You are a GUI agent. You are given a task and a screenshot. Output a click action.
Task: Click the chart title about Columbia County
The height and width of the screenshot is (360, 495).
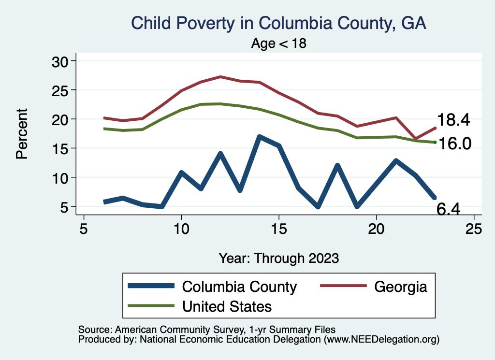(x=279, y=23)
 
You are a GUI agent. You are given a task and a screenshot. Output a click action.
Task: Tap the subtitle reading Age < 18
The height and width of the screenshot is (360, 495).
(x=279, y=43)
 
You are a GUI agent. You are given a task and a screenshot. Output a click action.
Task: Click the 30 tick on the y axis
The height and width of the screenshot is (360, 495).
(x=61, y=61)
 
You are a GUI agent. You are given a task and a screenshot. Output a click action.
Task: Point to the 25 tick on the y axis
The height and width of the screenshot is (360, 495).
(x=61, y=90)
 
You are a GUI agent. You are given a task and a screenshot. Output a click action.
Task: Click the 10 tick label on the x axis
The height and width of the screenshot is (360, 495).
(x=181, y=229)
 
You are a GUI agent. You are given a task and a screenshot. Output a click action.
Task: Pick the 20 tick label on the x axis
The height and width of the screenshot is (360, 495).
(x=377, y=229)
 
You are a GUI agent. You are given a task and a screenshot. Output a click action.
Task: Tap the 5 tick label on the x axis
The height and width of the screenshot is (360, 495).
(x=84, y=229)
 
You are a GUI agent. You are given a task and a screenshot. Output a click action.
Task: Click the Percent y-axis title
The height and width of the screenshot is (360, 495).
(x=22, y=134)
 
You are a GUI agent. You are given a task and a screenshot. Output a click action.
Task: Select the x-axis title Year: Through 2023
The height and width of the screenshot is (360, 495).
(x=279, y=258)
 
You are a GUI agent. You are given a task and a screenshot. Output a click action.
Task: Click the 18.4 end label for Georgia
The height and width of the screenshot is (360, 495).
(x=453, y=120)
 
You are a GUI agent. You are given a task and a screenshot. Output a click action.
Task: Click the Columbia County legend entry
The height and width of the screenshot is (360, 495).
(x=239, y=287)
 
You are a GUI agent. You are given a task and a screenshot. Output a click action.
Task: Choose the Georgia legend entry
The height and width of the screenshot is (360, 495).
(x=401, y=287)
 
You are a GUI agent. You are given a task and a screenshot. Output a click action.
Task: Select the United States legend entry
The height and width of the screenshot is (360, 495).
(x=227, y=306)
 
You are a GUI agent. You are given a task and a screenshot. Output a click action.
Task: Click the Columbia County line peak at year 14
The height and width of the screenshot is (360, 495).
(x=260, y=137)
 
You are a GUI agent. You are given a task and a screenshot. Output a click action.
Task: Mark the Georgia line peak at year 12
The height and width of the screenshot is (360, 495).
(x=220, y=76)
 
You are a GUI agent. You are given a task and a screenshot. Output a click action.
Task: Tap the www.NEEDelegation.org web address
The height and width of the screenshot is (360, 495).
(x=381, y=340)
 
